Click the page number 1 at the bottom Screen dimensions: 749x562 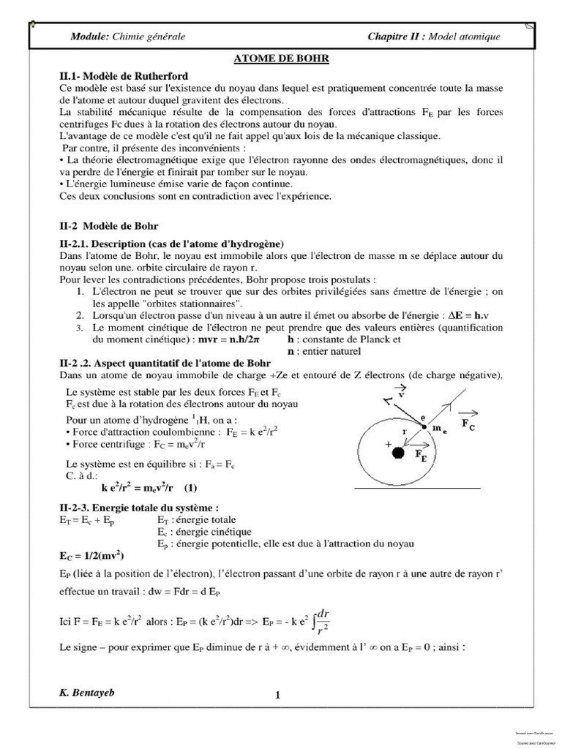(x=278, y=696)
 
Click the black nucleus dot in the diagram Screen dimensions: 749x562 (x=398, y=453)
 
